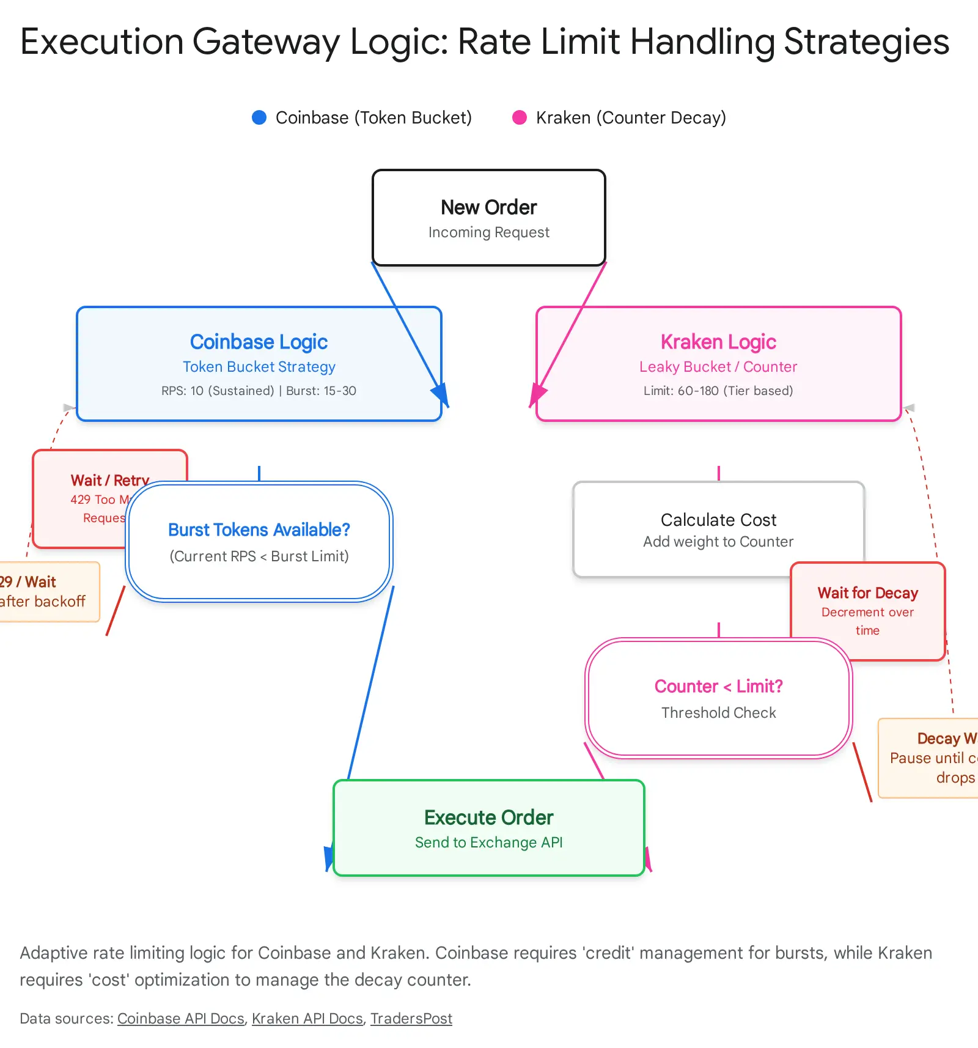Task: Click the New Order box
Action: (488, 218)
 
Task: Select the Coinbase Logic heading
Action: (259, 342)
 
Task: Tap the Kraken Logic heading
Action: (718, 342)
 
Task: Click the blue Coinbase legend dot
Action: (259, 117)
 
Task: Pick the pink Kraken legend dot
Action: (520, 117)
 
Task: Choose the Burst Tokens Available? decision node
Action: (259, 542)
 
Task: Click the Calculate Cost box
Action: (718, 530)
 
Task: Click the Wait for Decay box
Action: (867, 610)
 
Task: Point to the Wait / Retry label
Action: (109, 480)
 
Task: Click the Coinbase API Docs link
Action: (181, 1019)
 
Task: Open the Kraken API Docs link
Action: (307, 1019)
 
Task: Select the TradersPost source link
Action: (411, 1019)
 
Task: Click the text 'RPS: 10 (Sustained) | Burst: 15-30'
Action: (259, 391)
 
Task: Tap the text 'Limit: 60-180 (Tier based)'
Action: (718, 391)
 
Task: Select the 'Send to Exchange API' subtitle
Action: (488, 843)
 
